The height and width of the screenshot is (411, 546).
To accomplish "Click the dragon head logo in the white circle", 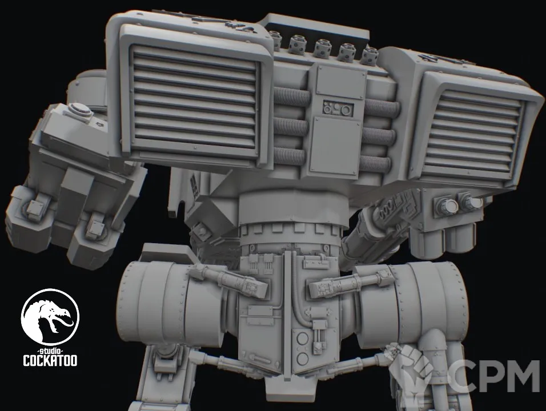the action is (50, 317).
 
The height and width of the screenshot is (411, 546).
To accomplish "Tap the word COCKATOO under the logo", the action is (50, 361).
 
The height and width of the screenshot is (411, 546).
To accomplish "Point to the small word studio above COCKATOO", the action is (50, 349).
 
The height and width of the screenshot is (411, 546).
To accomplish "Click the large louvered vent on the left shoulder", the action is (195, 101).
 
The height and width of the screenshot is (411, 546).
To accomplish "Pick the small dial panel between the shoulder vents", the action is (338, 108).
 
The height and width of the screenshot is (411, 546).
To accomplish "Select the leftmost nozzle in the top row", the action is (275, 39).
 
